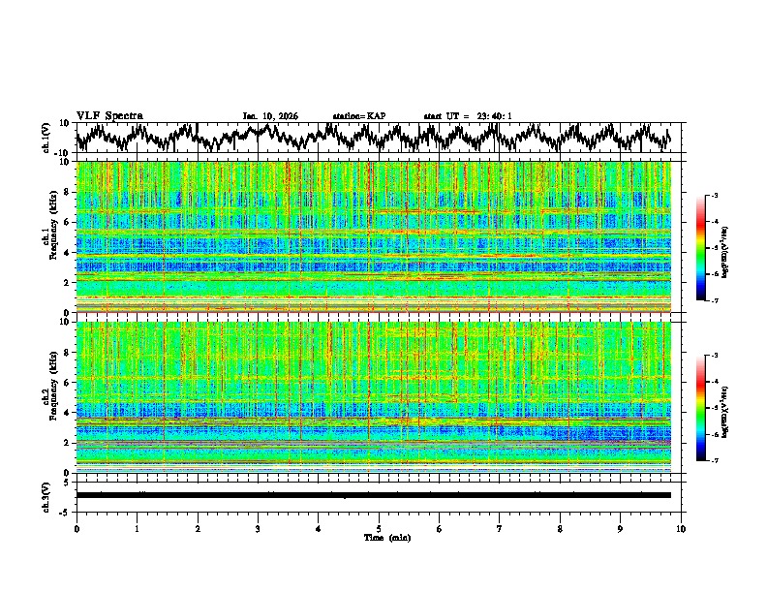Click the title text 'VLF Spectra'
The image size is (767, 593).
(109, 116)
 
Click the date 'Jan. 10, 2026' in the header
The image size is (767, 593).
(270, 116)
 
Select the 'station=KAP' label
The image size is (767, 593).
(358, 116)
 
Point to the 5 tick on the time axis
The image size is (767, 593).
(379, 528)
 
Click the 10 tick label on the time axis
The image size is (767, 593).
(681, 528)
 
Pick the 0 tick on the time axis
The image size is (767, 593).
(77, 528)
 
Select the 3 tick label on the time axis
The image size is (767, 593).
(258, 528)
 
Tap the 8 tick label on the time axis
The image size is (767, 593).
(560, 528)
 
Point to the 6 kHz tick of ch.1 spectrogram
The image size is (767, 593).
(69, 222)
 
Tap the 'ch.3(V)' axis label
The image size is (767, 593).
(47, 495)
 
